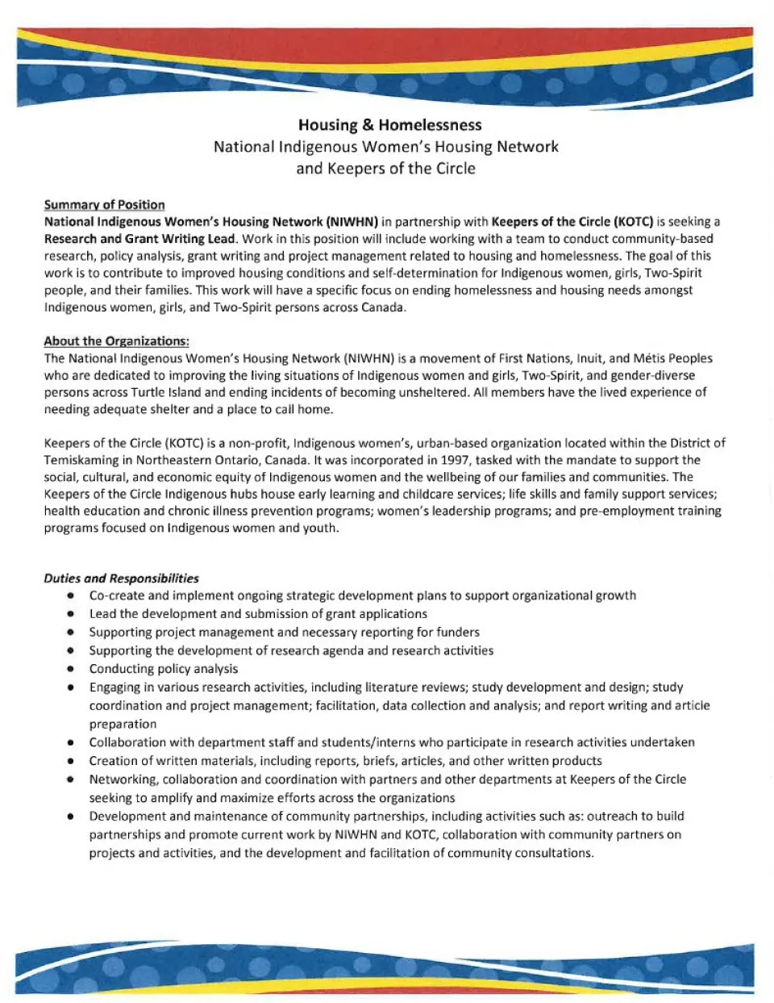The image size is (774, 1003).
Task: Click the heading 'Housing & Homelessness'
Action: tap(389, 125)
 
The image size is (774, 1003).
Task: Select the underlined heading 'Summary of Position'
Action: tap(104, 205)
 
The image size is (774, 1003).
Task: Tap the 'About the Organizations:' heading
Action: tap(116, 341)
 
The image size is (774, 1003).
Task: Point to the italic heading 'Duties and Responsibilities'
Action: tap(121, 579)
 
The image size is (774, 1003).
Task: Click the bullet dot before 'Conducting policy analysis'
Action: tap(72, 669)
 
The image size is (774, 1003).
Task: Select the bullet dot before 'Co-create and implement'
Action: tap(72, 596)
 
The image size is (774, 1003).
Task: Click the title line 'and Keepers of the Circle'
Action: tap(385, 169)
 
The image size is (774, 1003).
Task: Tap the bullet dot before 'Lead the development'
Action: tap(72, 614)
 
